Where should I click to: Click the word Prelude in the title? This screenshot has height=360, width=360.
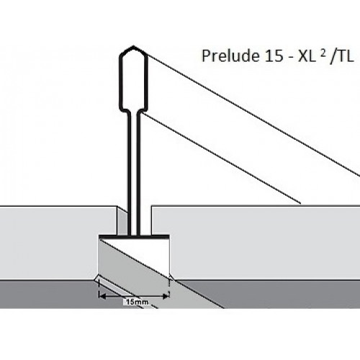230,56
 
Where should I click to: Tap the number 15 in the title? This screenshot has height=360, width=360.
273,56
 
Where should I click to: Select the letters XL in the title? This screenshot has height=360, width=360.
307,56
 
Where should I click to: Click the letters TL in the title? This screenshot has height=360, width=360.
345,56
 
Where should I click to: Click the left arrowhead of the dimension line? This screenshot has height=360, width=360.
102,297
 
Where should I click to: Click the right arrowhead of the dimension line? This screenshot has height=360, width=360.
166,297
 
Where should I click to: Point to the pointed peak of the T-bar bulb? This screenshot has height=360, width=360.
133,46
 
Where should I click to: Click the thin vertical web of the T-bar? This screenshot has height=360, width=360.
134,173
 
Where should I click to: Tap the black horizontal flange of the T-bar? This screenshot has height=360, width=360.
134,237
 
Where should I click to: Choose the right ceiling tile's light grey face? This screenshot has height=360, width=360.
264,243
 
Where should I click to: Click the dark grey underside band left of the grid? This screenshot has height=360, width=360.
48,294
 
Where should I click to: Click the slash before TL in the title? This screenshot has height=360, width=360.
333,57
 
